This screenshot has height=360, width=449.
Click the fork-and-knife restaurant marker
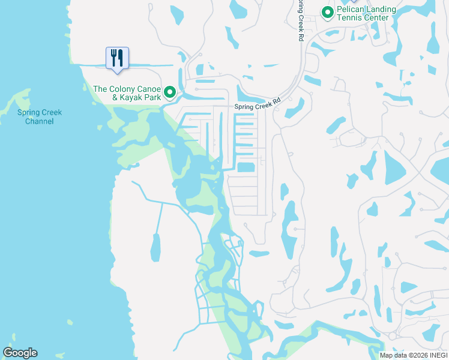coord(115,59)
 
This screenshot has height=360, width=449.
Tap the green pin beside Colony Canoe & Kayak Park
coord(170,92)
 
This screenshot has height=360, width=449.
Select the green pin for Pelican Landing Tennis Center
coord(327,12)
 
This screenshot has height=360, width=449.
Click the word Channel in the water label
coord(40,121)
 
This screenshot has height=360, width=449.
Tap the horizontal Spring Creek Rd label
coord(257,106)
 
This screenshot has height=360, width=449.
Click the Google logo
coord(20,353)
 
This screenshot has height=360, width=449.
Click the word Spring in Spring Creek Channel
coord(28,112)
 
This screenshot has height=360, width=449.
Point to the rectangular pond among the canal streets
coord(246,167)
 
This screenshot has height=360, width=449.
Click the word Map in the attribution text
coord(387,355)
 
